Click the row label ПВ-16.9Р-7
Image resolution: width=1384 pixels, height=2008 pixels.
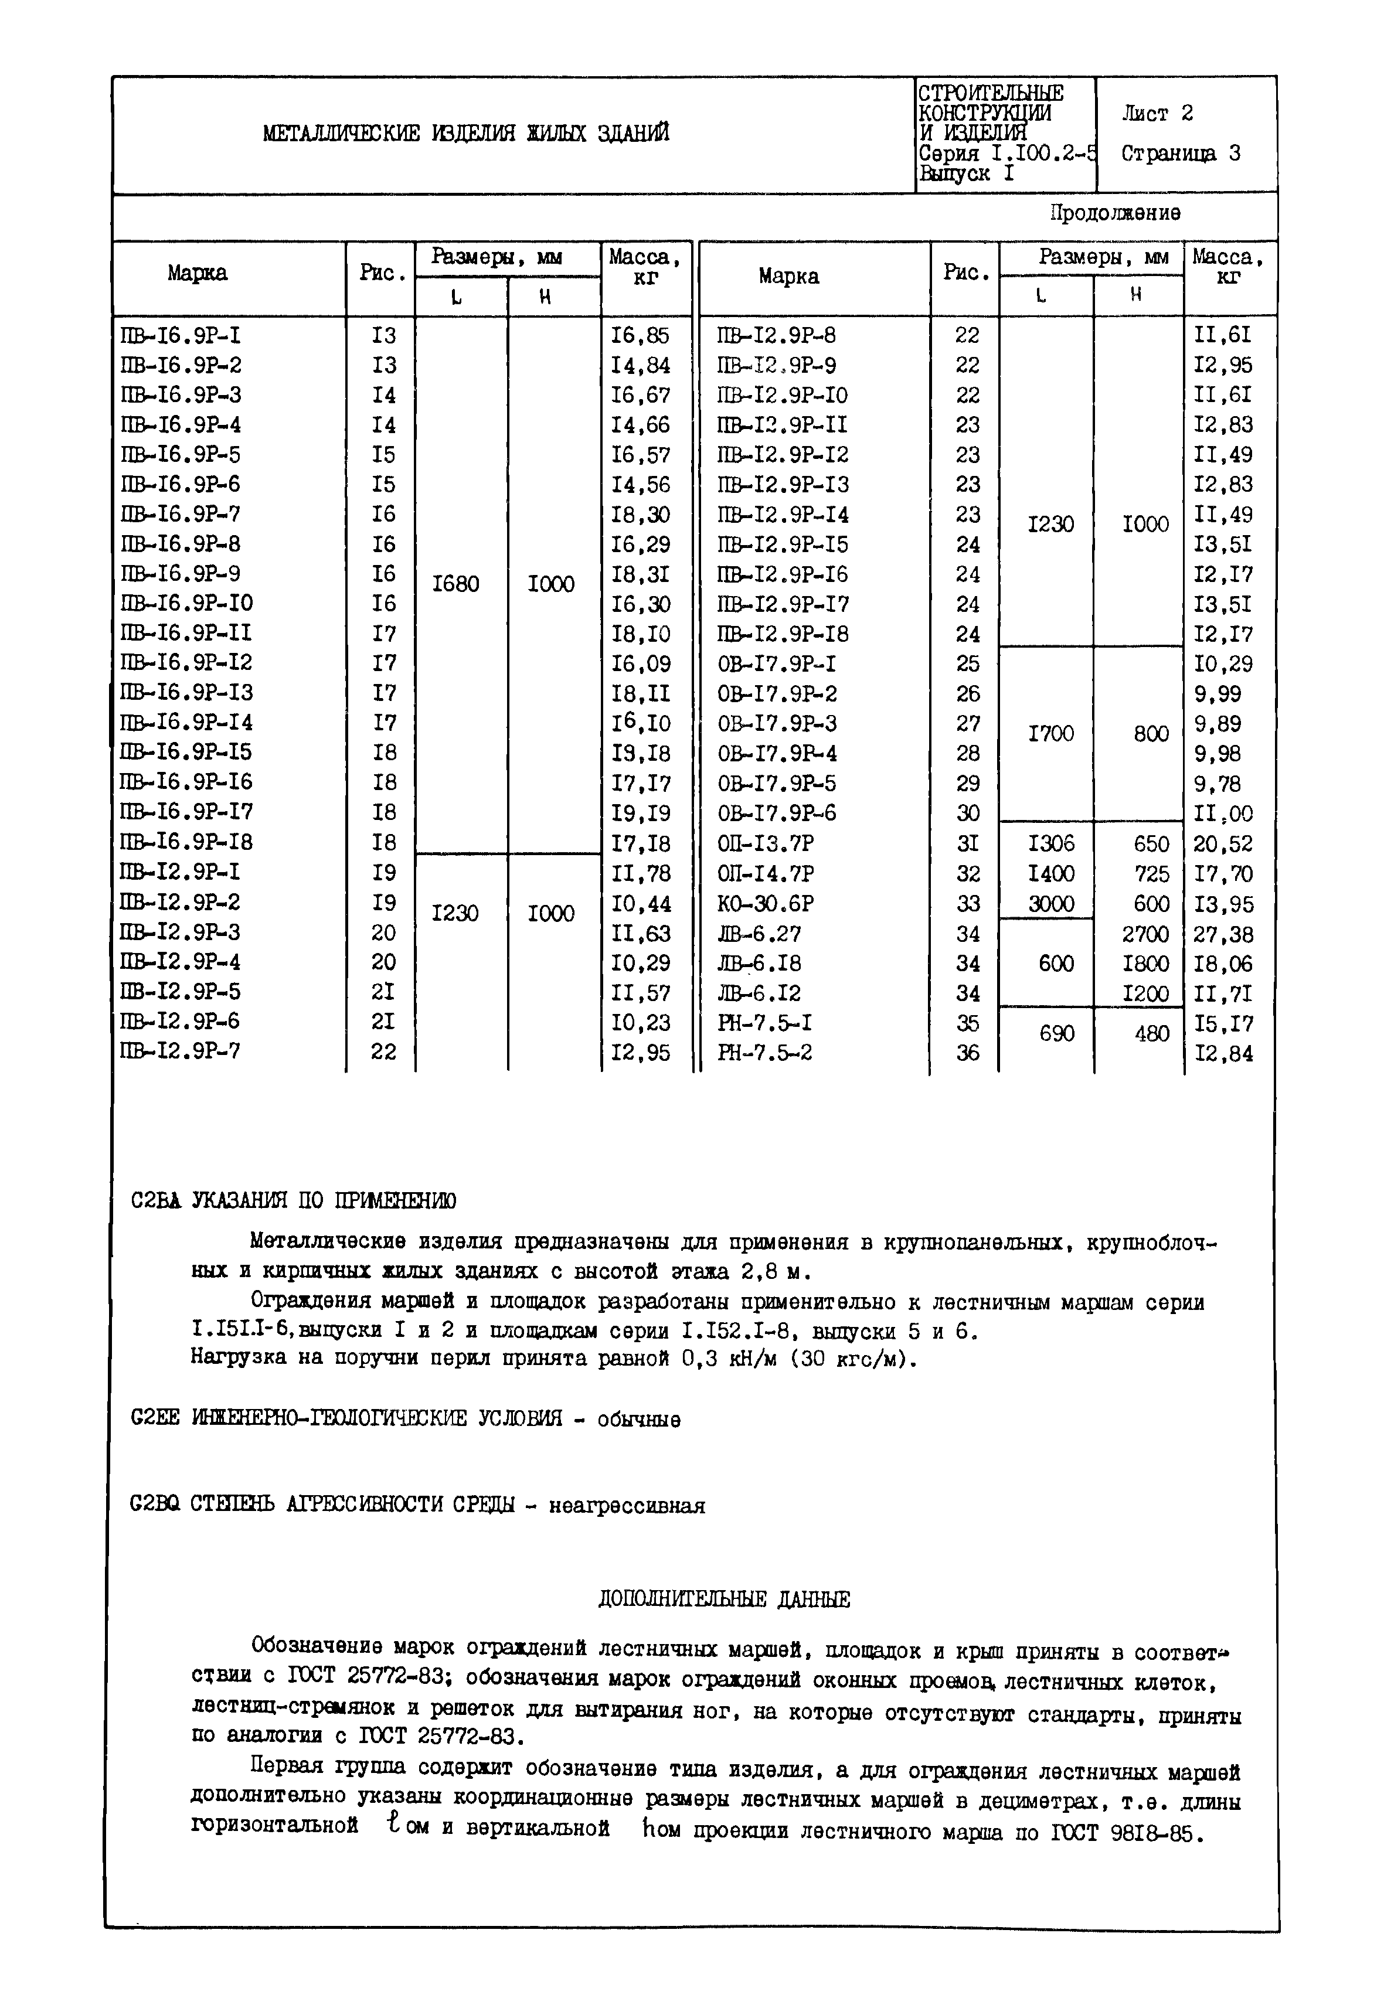point(181,514)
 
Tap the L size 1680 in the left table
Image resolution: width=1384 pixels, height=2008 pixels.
point(455,584)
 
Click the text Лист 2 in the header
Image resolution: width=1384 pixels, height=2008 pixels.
point(1157,114)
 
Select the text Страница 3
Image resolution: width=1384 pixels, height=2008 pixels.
point(1180,154)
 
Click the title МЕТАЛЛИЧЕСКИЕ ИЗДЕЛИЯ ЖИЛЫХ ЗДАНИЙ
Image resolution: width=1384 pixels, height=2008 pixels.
point(465,134)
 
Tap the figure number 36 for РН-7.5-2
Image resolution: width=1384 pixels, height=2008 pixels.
point(968,1053)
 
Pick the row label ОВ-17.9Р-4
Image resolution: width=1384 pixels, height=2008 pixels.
point(777,753)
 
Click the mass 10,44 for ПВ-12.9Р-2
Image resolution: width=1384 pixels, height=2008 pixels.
point(640,903)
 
